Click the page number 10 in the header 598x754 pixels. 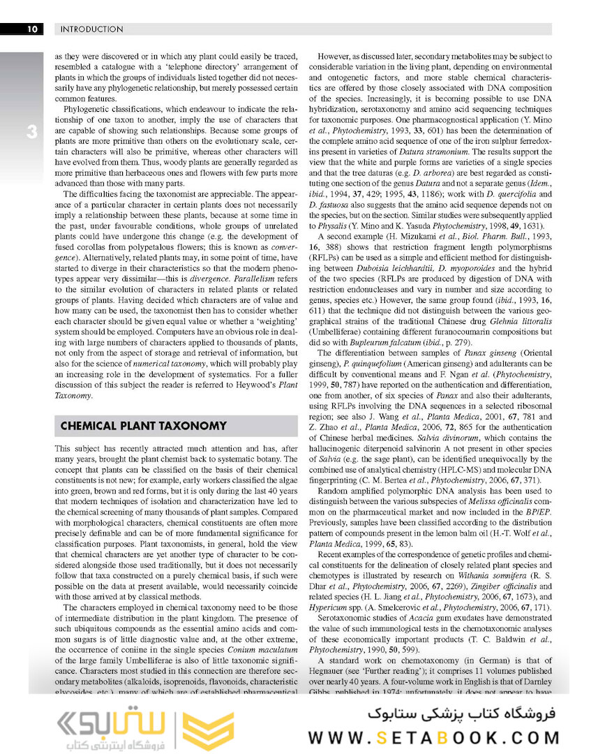pyautogui.click(x=32, y=29)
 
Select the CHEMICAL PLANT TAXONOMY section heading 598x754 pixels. pyautogui.click(x=144, y=426)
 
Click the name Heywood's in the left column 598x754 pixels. pyautogui.click(x=257, y=384)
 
